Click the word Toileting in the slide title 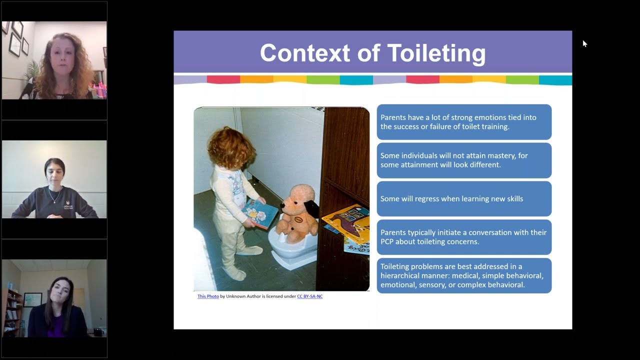[x=436, y=53]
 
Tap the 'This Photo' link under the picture [x=208, y=296]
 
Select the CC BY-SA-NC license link [x=309, y=296]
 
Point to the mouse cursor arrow [x=584, y=43]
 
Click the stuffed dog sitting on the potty [x=298, y=210]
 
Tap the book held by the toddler [x=259, y=213]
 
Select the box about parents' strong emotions [x=464, y=122]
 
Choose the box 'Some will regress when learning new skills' [x=464, y=198]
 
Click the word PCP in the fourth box [x=388, y=241]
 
